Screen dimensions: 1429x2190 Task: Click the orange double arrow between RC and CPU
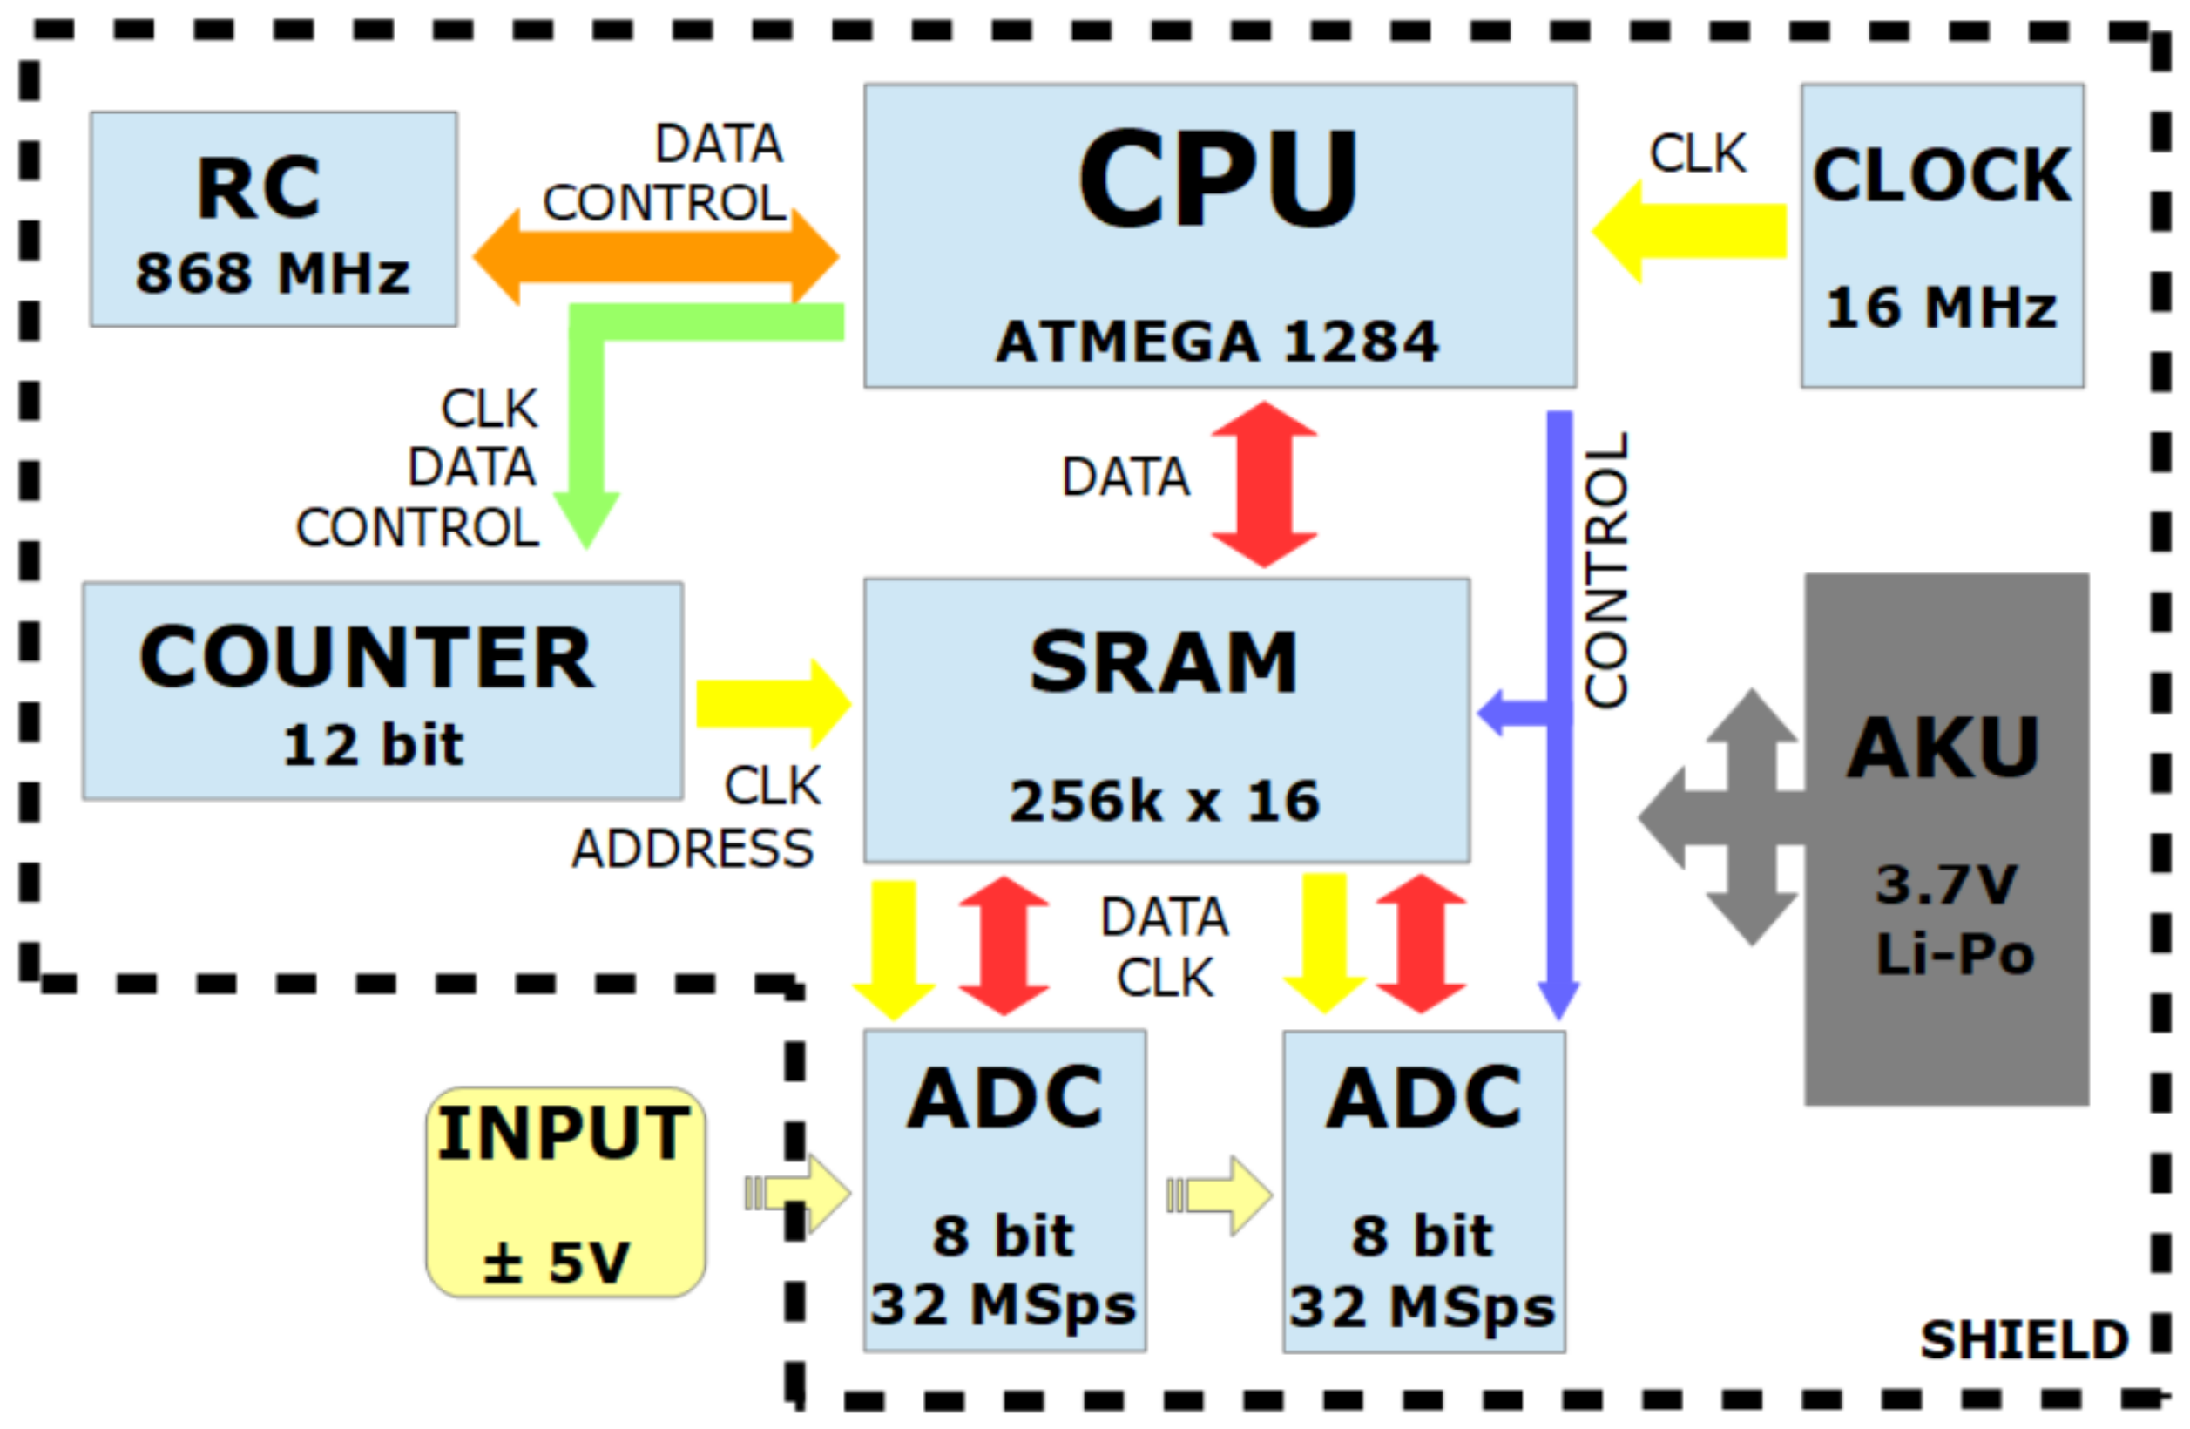point(655,257)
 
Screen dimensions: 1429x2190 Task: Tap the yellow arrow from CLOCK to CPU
point(1688,231)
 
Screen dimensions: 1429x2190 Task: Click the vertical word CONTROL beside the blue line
point(1606,570)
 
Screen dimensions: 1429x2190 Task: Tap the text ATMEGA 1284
point(1216,342)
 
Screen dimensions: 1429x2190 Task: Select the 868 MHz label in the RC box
point(273,274)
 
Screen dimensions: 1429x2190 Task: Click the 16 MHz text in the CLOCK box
point(1941,308)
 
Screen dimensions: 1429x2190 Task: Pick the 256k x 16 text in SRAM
point(1165,801)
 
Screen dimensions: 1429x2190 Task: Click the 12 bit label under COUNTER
point(373,744)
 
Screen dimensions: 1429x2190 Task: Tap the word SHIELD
point(2024,1340)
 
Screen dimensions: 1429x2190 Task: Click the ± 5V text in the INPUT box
point(557,1262)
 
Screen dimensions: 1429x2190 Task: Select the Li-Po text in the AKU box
point(1955,954)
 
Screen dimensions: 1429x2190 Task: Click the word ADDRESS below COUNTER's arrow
point(692,849)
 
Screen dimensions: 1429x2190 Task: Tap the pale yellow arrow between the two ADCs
point(1220,1195)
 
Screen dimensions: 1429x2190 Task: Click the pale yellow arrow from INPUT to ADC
point(799,1194)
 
